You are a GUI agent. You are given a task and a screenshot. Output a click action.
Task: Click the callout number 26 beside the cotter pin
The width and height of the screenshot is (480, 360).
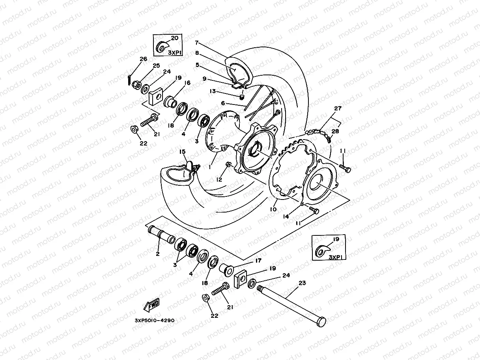pos(143,59)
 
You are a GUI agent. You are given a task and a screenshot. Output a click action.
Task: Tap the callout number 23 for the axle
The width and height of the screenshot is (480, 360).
pos(303,283)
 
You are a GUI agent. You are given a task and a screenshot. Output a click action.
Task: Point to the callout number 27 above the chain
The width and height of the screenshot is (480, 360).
pos(338,108)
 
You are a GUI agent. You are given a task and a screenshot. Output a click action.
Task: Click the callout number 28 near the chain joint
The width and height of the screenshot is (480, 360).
pos(335,131)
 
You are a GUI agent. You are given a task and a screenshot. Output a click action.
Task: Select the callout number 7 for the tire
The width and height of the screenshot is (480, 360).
pos(197,43)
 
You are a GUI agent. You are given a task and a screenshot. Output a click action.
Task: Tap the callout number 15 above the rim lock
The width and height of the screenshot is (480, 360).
pos(182,151)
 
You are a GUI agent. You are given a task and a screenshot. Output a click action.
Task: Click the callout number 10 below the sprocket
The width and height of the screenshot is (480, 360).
pos(273,210)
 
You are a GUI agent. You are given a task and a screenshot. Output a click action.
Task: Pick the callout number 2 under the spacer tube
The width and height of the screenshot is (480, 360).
pos(157,254)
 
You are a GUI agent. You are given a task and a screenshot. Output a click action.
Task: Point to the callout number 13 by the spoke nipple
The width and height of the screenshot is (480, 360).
pos(213,91)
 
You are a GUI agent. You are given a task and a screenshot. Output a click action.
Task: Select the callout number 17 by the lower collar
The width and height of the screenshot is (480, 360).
pos(258,260)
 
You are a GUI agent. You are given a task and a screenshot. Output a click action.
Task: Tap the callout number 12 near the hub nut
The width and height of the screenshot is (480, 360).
pos(219,179)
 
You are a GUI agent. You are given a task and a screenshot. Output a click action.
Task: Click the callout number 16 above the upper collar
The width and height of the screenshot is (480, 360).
pos(187,83)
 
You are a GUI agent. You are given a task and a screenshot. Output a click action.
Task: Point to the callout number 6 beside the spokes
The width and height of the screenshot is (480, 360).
pos(223,103)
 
